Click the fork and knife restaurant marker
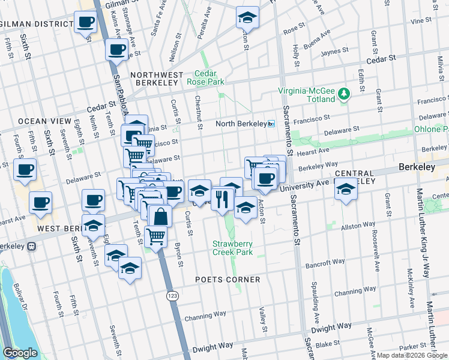point(222,198)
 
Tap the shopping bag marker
point(160,216)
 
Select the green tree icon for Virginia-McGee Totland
point(343,93)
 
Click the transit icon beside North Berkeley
point(271,124)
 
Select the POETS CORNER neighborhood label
point(228,280)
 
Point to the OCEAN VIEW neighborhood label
point(40,121)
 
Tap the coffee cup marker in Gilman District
point(85,23)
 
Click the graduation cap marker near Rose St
point(247,18)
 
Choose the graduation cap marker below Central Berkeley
point(346,190)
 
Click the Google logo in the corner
point(20,353)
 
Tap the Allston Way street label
point(358,226)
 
